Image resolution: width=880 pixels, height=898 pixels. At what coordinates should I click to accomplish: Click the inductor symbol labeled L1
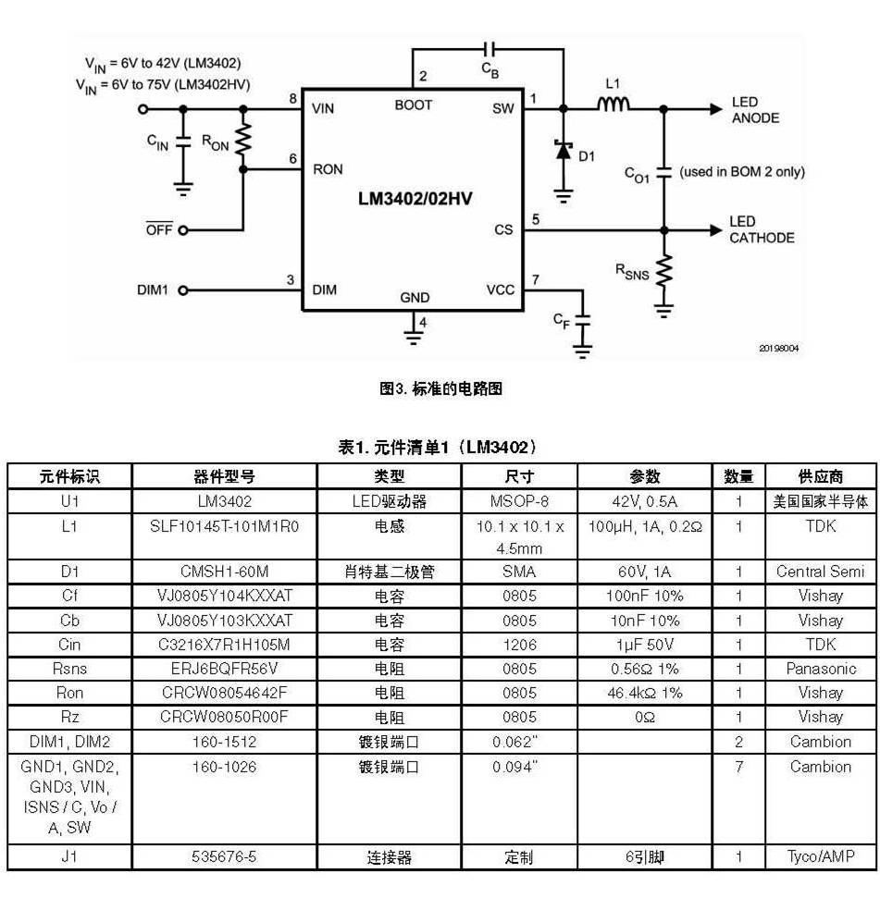point(613,104)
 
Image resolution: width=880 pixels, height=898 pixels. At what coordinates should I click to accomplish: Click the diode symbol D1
point(564,150)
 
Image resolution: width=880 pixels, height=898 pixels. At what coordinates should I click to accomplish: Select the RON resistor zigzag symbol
point(243,139)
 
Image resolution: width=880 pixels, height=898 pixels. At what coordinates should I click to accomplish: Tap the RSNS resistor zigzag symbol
point(664,272)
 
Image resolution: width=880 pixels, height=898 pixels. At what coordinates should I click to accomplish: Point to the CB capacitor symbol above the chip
point(490,49)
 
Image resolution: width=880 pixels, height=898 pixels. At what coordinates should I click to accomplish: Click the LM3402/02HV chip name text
point(415,199)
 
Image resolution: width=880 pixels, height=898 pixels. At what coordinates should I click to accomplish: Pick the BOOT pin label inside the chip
point(413,105)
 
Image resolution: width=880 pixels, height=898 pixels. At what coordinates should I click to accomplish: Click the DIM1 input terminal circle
point(183,290)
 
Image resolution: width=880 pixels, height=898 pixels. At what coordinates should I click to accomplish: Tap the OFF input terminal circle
point(183,230)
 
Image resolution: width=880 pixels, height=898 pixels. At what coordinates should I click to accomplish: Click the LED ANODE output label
point(755,110)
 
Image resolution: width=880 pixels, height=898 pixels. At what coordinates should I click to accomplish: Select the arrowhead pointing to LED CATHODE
point(715,230)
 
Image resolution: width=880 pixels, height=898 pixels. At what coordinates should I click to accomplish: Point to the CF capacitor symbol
point(582,320)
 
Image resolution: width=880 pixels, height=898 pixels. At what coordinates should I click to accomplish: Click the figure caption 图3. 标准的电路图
point(440,388)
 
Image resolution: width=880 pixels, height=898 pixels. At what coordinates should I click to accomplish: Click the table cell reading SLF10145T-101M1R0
point(224,526)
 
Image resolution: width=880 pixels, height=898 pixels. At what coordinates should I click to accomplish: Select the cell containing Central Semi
point(820,572)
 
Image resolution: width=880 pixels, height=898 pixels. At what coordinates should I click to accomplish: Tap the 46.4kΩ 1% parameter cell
point(645,693)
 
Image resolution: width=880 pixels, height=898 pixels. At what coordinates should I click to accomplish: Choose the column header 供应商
point(821,476)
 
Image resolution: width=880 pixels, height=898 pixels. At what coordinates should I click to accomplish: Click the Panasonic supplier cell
point(821,669)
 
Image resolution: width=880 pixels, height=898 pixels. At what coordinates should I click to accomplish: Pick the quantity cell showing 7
point(739,767)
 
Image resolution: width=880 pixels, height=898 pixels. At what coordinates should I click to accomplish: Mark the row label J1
point(69,856)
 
